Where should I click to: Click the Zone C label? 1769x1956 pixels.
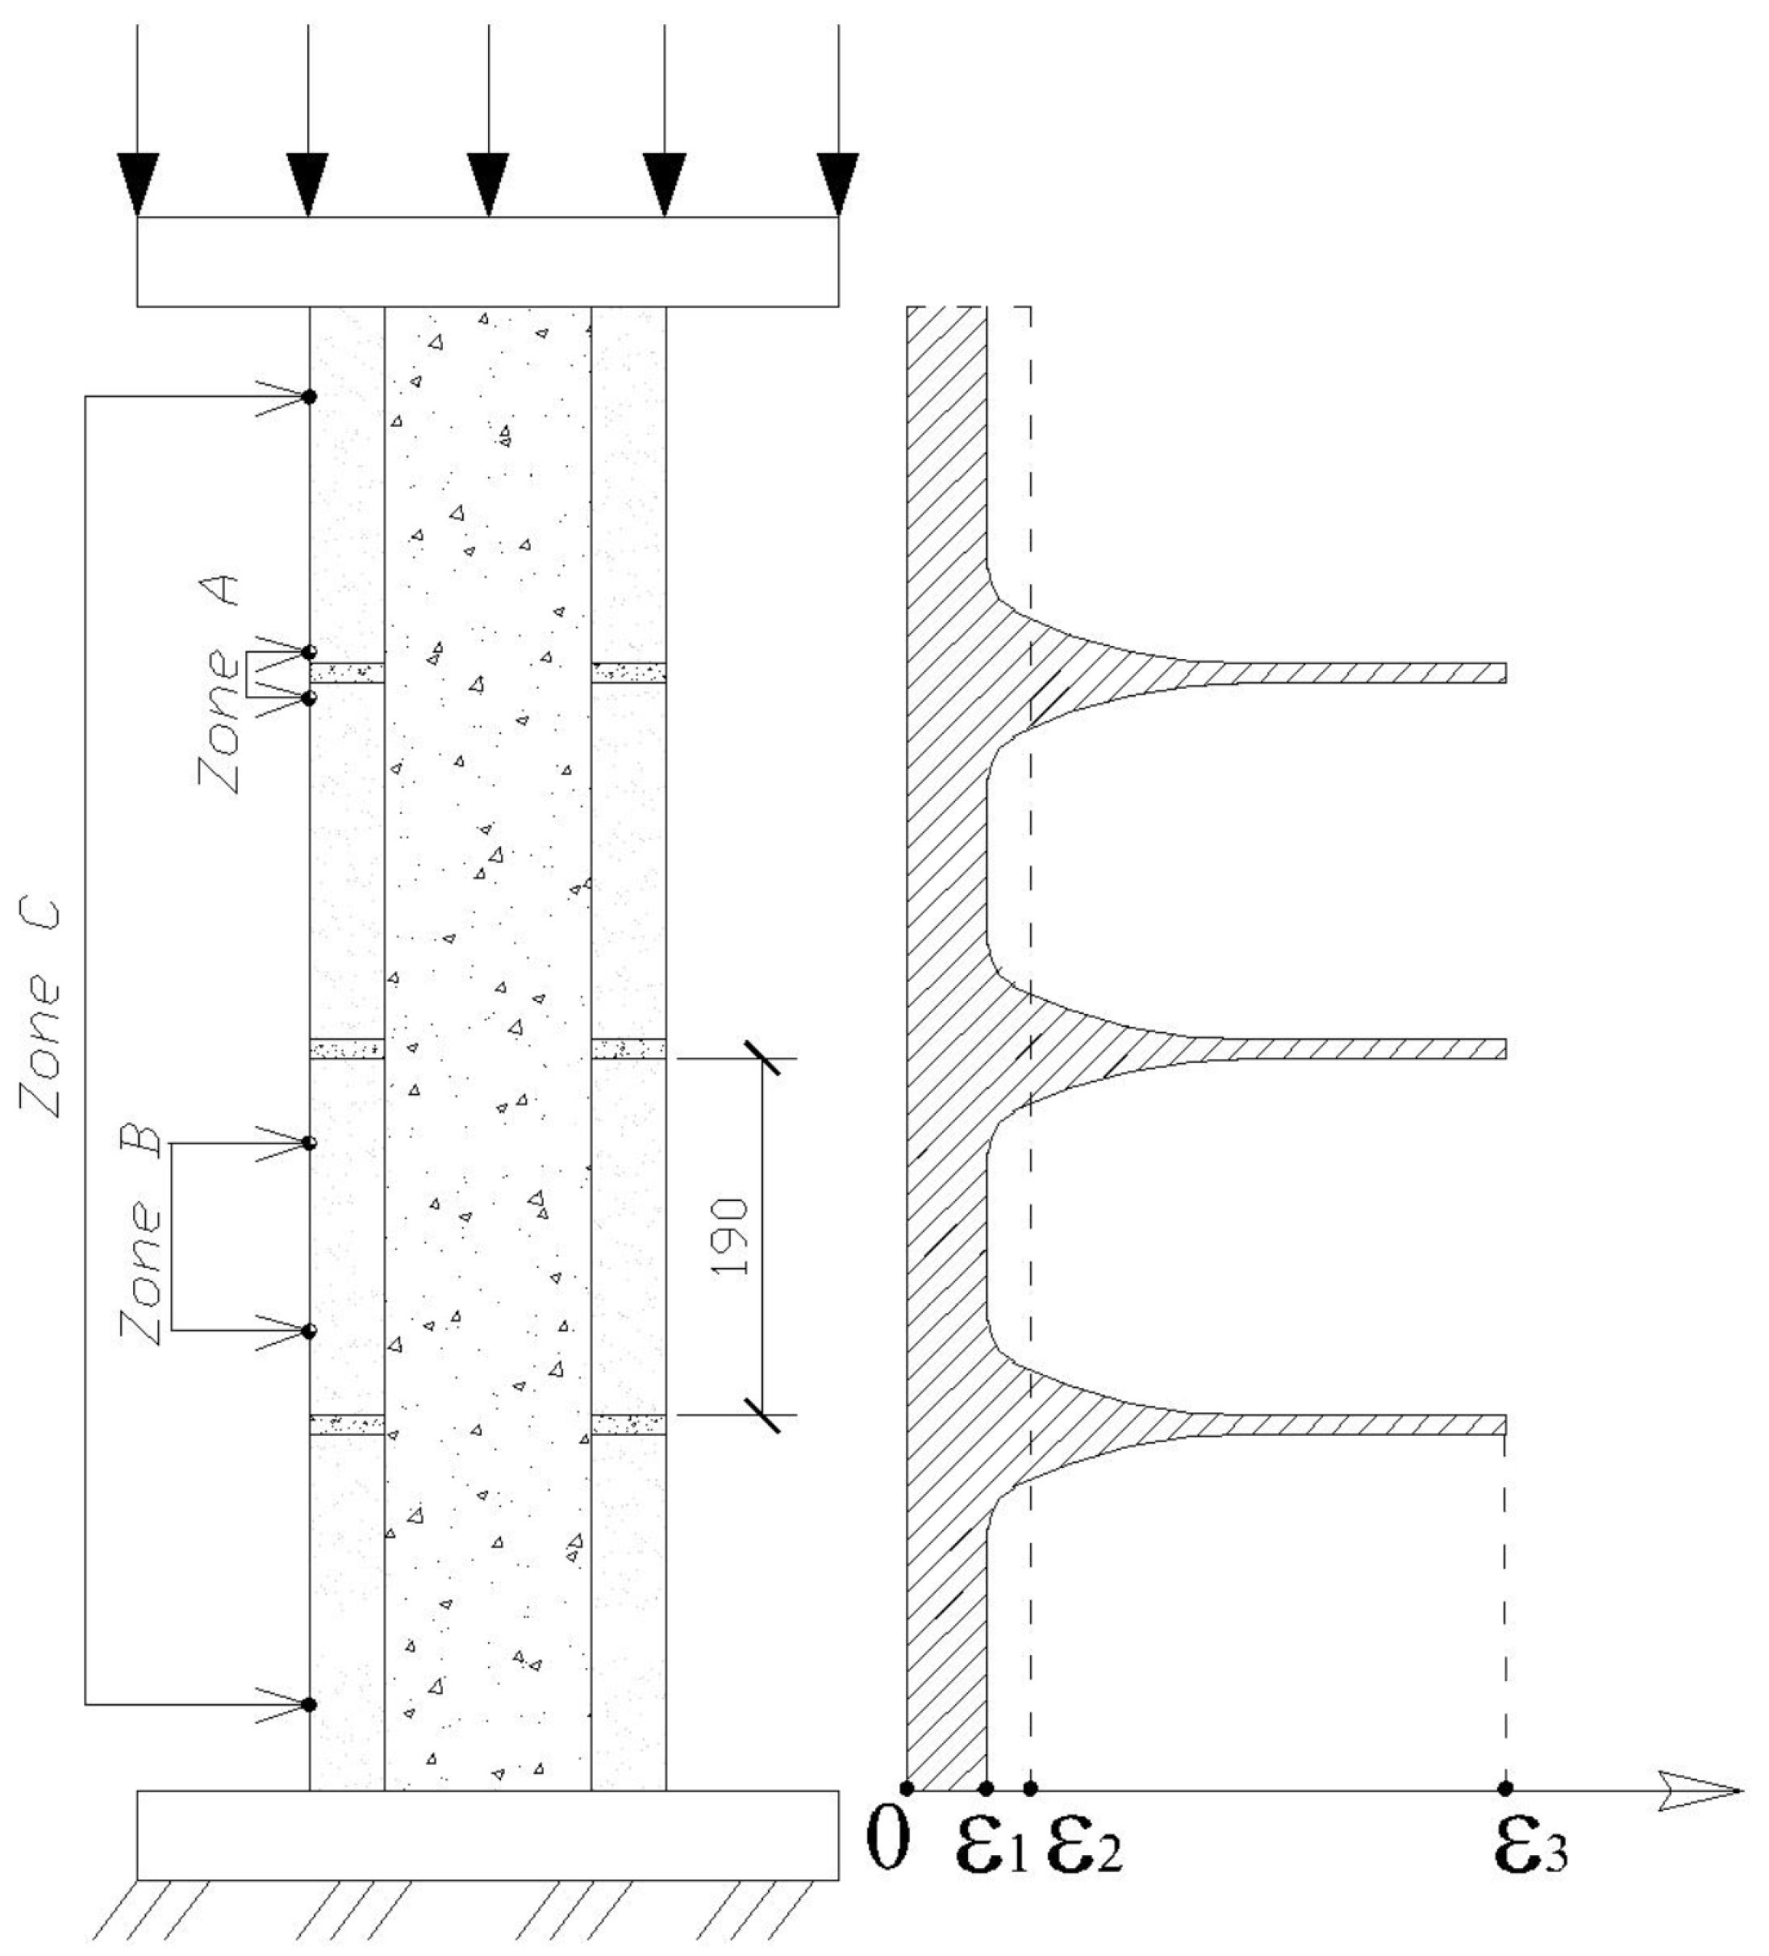[42, 1009]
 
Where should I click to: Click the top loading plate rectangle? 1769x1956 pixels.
[487, 261]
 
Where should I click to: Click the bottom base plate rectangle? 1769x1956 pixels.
[487, 1833]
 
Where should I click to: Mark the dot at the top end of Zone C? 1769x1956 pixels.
[309, 396]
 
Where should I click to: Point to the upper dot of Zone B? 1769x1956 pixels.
[310, 1143]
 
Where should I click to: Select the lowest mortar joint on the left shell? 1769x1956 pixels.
[346, 1424]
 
